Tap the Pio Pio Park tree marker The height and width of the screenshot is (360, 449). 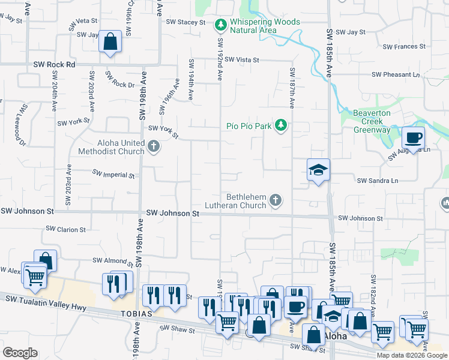click(280, 125)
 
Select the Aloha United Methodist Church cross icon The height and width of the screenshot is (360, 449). click(154, 146)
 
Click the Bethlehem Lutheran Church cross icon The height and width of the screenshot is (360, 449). click(275, 200)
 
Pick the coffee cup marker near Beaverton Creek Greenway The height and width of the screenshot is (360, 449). click(413, 137)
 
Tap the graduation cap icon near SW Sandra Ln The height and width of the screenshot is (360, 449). click(318, 170)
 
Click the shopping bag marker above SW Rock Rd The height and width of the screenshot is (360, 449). click(110, 43)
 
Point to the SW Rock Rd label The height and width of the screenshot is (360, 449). click(54, 64)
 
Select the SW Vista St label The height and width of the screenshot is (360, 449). click(239, 60)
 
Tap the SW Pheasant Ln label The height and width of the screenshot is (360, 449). click(396, 74)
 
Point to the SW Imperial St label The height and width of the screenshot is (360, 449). click(113, 174)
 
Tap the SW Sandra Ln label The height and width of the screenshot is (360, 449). click(378, 180)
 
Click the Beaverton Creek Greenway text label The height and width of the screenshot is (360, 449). click(372, 121)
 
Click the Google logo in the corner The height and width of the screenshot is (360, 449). click(20, 353)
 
